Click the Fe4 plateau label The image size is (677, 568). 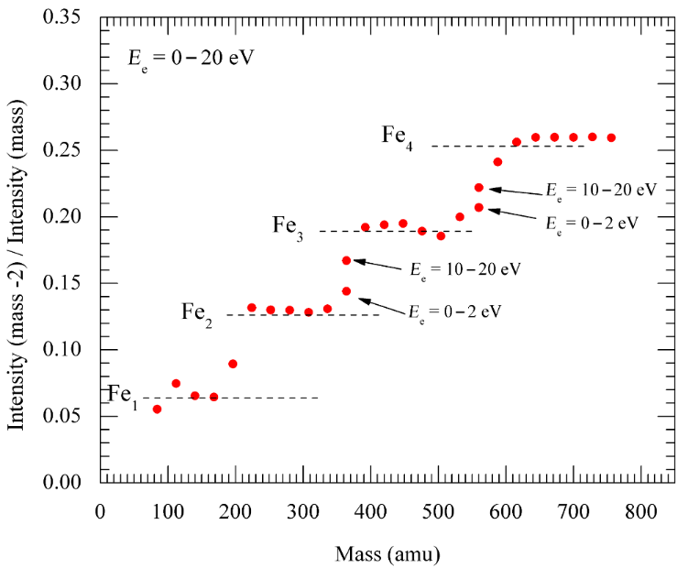397,137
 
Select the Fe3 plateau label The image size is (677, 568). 287,224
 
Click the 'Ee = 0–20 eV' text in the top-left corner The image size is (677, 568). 191,58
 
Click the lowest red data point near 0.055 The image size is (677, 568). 157,409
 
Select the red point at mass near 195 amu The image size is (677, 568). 233,364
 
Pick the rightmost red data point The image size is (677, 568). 611,137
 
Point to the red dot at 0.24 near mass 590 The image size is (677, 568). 497,162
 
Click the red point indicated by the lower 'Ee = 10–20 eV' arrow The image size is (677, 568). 346,260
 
